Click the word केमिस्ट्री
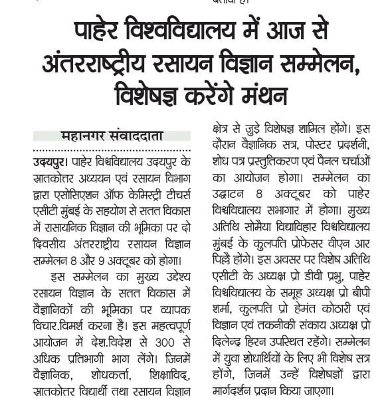coord(137,193)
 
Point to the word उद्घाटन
coord(226,193)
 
